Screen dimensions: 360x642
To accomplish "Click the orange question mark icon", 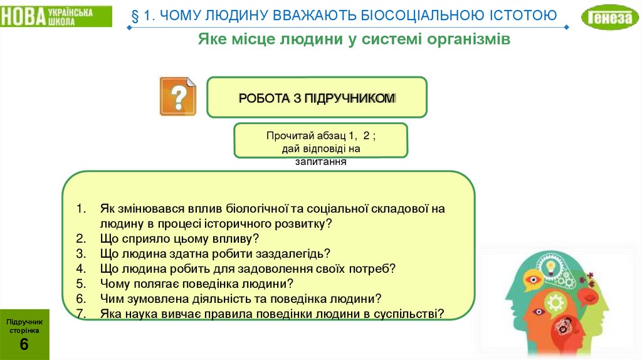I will [177, 96].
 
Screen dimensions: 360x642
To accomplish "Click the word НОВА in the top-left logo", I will [21, 17].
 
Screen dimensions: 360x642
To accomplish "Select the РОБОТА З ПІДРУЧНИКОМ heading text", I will [317, 98].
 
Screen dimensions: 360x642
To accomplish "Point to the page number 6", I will [24, 344].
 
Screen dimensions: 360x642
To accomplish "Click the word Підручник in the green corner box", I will [24, 321].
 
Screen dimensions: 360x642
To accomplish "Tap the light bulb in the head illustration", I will [551, 267].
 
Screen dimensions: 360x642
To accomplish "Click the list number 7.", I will [80, 314].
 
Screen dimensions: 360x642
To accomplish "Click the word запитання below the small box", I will [321, 161].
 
